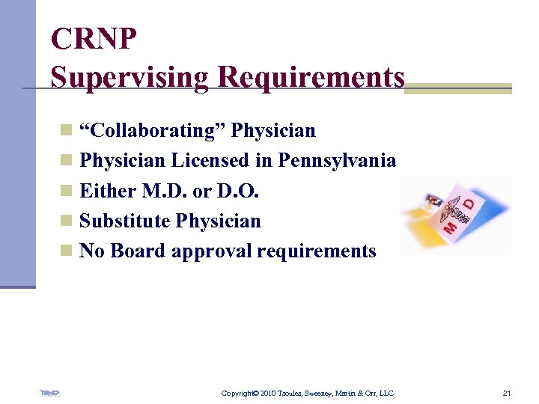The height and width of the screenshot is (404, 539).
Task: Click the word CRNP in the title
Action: (94, 39)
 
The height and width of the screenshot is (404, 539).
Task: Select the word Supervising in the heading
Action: (130, 77)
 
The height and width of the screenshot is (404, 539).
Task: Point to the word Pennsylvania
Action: (337, 161)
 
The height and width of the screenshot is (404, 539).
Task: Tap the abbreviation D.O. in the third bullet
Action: (237, 191)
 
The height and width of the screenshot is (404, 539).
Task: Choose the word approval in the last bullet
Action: (211, 251)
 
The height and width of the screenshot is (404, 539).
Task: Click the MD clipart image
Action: (455, 215)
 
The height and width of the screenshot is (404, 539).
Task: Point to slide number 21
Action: (507, 393)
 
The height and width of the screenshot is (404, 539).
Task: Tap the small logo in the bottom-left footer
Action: (50, 393)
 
